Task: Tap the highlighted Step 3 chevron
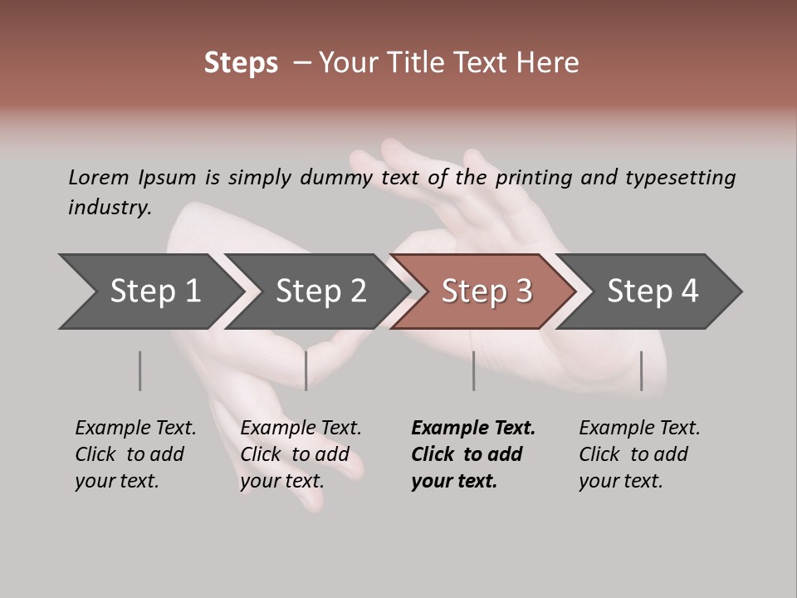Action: (487, 292)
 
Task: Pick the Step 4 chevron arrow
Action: (653, 292)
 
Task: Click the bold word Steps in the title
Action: (241, 63)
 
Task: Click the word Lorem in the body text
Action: (99, 177)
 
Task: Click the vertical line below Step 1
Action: (139, 370)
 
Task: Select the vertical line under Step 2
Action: (306, 370)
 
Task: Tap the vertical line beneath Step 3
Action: (473, 370)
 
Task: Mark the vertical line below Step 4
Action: (641, 370)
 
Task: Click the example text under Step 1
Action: (135, 454)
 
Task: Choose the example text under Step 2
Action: (301, 454)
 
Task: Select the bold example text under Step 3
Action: (472, 454)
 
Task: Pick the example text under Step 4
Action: (639, 454)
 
